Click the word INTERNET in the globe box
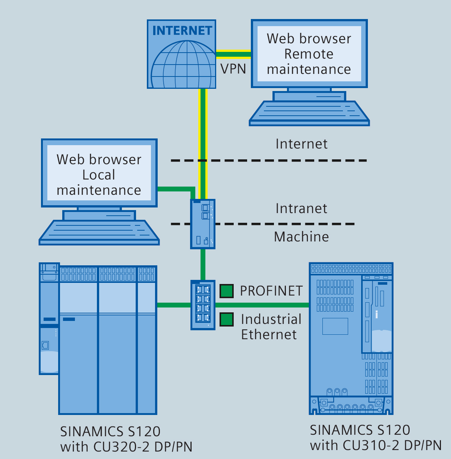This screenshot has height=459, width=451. click(182, 31)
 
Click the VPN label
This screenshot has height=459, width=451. click(233, 69)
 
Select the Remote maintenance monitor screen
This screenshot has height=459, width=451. click(309, 54)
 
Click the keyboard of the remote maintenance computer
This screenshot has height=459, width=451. click(309, 112)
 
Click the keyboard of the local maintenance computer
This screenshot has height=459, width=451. click(99, 231)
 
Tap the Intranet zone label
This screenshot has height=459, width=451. click(301, 208)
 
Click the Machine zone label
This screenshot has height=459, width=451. click(301, 237)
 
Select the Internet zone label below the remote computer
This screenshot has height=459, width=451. click(301, 144)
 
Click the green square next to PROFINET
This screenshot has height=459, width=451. click(227, 291)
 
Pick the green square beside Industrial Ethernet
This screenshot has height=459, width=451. click(227, 319)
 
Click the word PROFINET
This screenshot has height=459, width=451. click(271, 291)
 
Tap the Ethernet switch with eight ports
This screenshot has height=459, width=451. click(203, 305)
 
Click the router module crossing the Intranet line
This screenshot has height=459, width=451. click(203, 224)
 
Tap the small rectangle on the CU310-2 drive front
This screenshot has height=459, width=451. click(335, 326)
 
